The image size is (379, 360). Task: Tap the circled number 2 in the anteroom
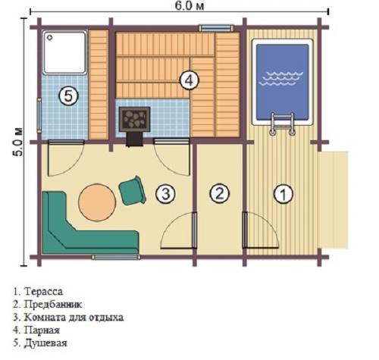(x=218, y=193)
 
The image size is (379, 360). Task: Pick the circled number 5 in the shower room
(x=67, y=96)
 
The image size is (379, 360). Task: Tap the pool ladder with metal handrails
(x=281, y=123)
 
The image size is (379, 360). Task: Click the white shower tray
(x=65, y=53)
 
